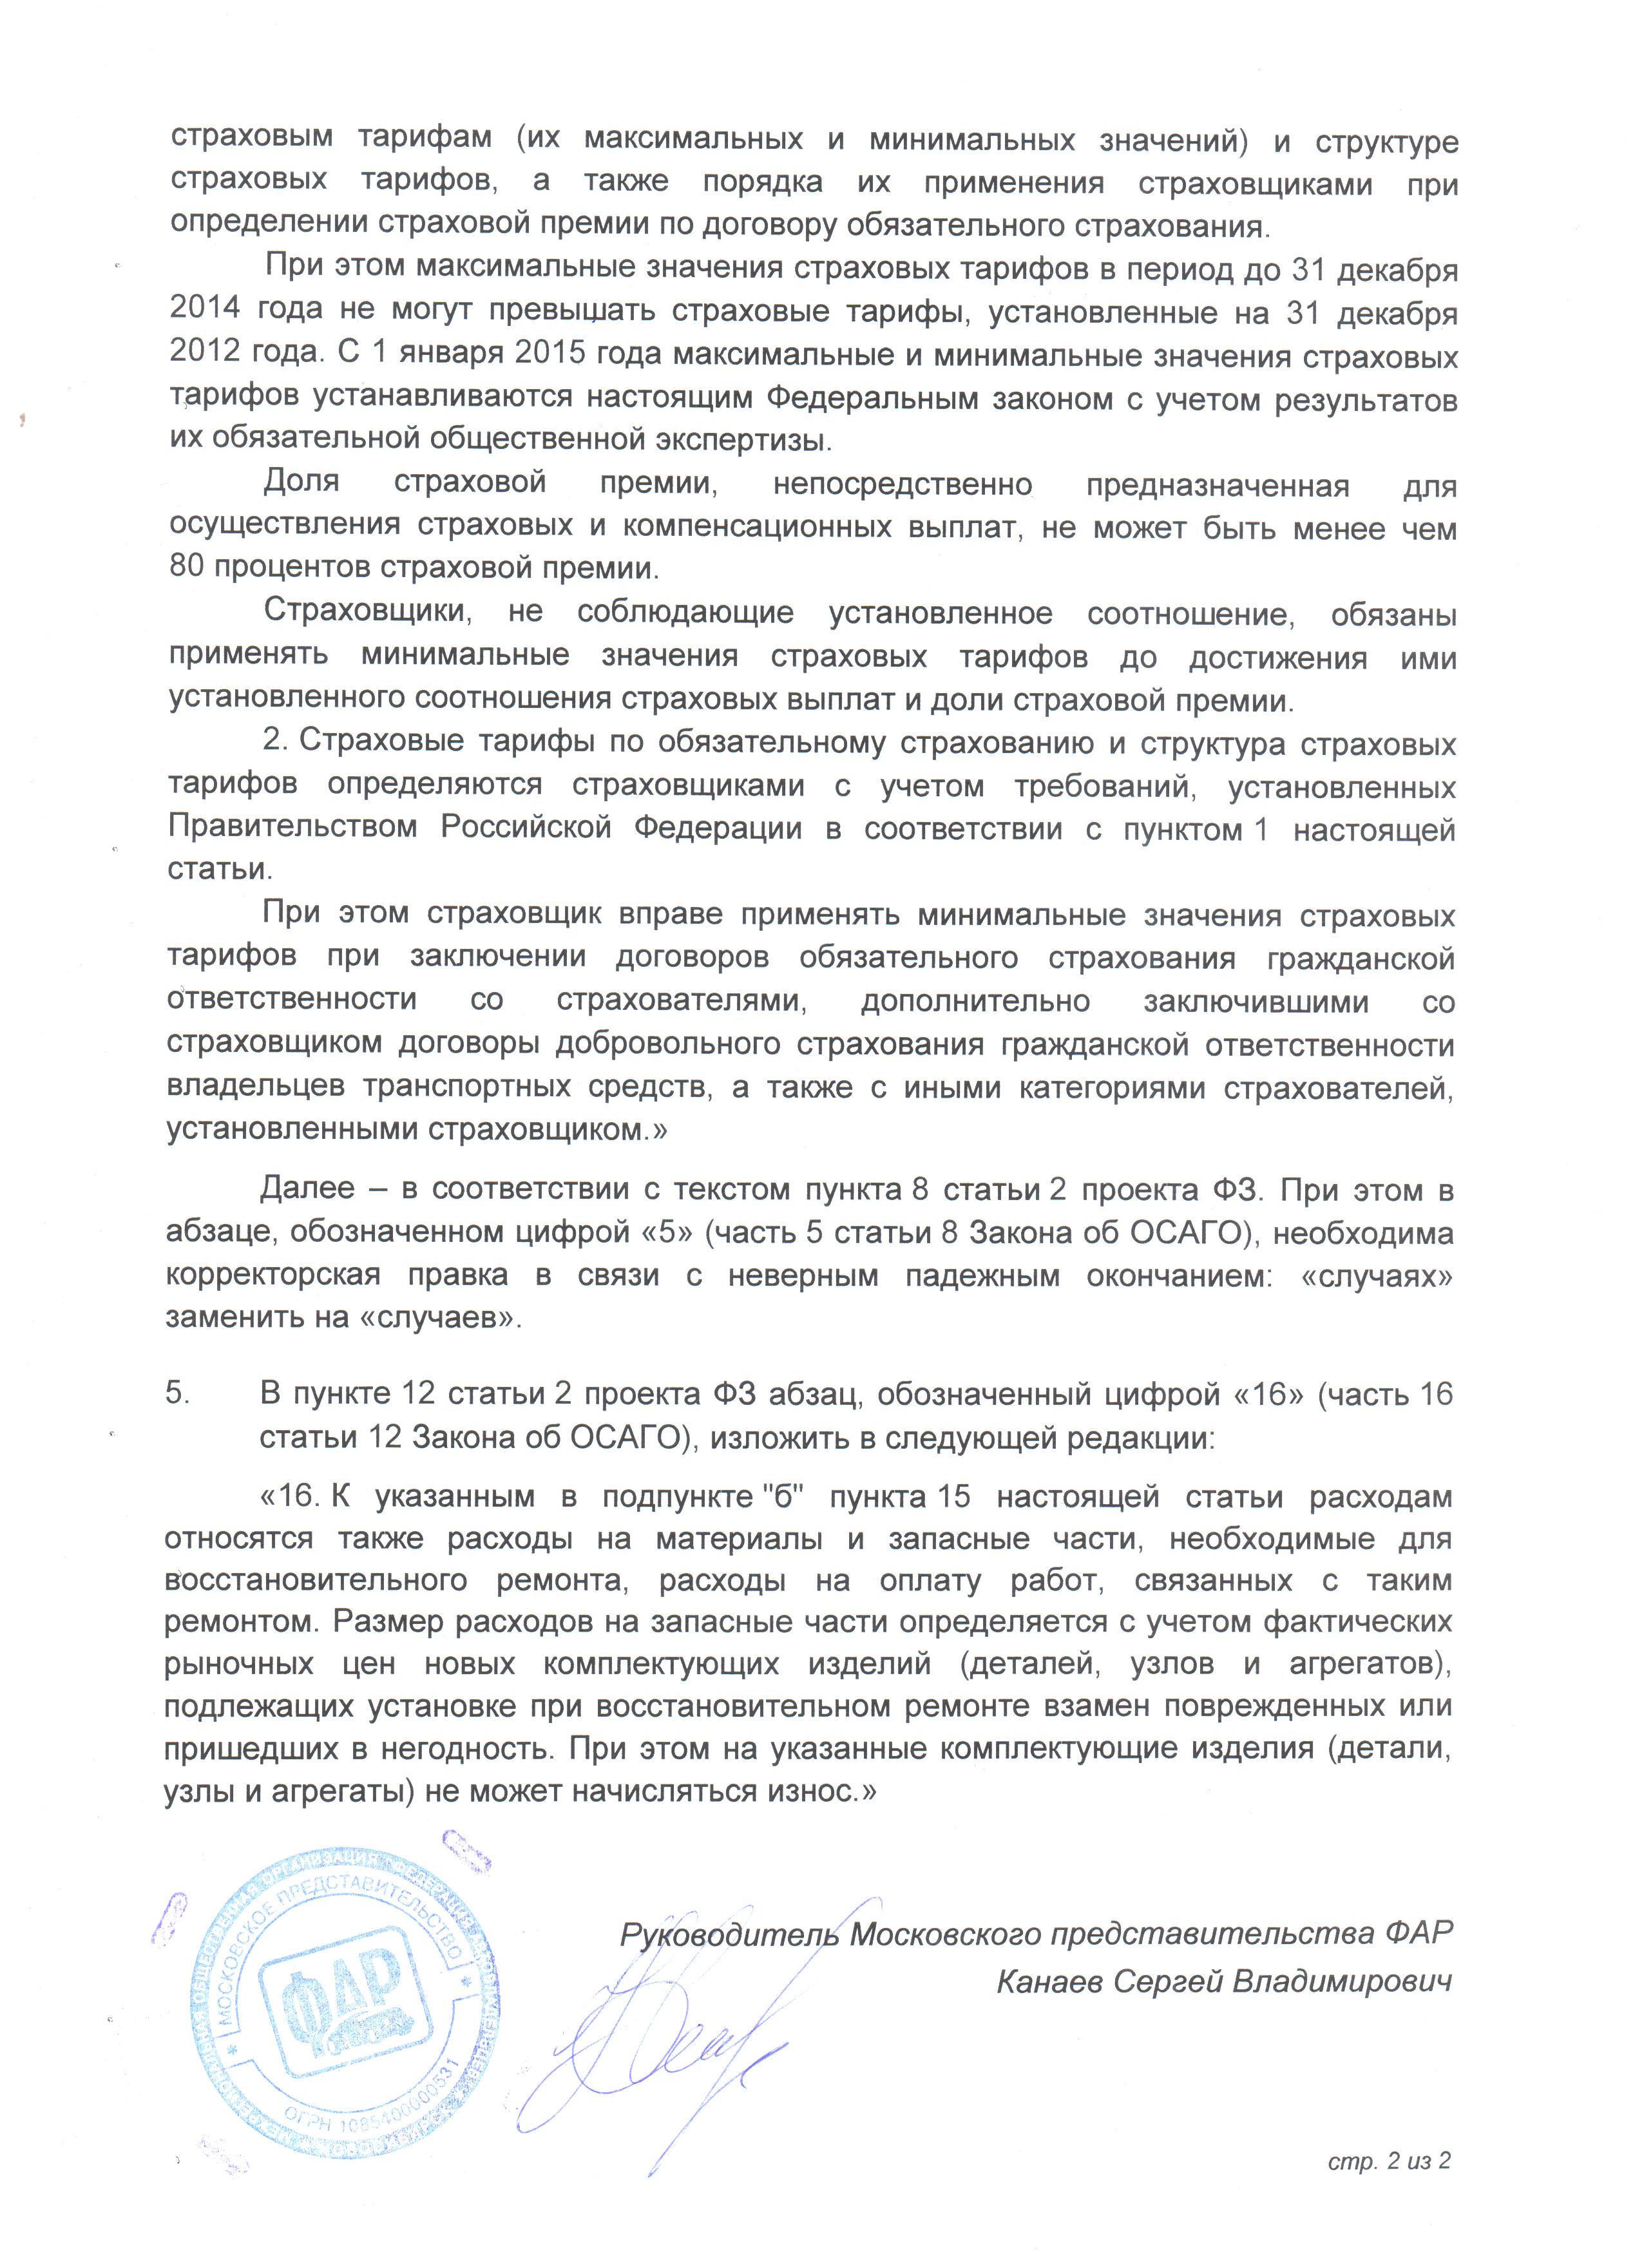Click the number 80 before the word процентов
pyautogui.click(x=186, y=568)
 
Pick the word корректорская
pyautogui.click(x=272, y=1274)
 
